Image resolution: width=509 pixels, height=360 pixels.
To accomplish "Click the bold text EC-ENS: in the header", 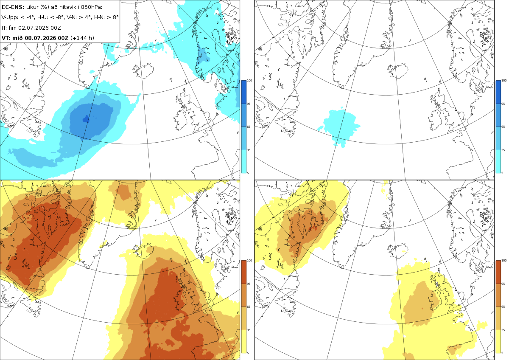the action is (13, 7).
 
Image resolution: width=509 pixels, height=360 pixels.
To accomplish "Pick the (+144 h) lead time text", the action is (82, 38).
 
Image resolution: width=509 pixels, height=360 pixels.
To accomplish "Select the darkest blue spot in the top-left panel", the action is (86, 119).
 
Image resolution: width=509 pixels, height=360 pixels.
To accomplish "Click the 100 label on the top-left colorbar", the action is (249, 80).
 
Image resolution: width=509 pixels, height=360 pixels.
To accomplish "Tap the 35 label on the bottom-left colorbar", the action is (249, 330).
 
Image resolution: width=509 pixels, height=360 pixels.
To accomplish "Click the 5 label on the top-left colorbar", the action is (248, 173).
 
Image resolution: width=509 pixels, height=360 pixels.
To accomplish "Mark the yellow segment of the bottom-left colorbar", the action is (243, 341).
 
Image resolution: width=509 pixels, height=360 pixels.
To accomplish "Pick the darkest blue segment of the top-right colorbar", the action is (498, 92).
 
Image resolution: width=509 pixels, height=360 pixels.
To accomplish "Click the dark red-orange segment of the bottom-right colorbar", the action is (498, 272).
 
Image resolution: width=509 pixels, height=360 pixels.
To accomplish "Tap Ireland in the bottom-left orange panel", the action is (182, 300).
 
